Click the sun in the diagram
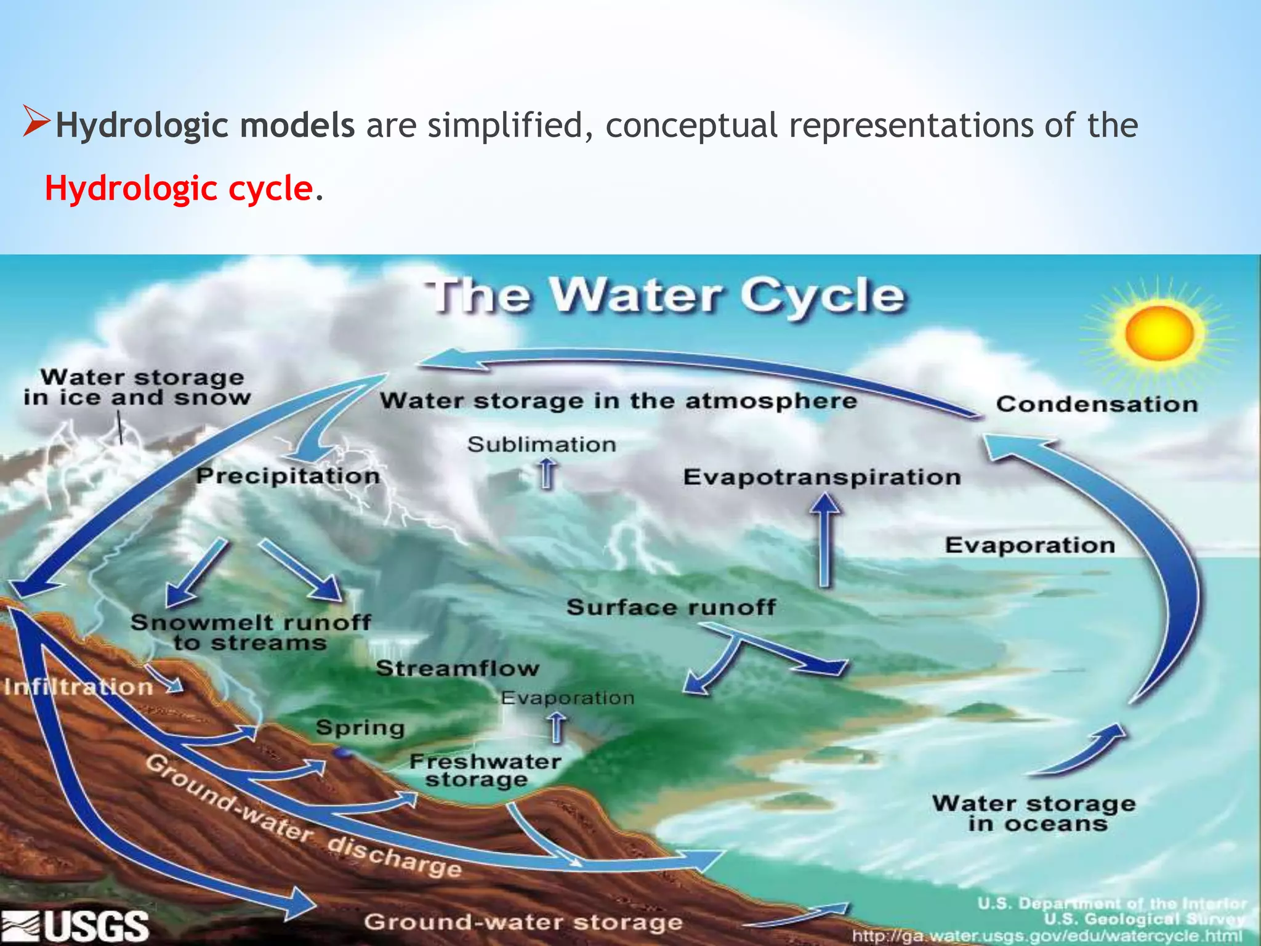coord(1159,333)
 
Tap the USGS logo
coord(75,926)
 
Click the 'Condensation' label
coord(1097,405)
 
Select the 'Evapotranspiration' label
coord(822,477)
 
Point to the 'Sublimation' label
coord(541,445)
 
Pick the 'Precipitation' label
coord(288,476)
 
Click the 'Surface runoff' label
coord(671,607)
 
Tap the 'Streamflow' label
coord(457,668)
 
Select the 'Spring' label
coord(360,728)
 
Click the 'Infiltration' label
coord(79,687)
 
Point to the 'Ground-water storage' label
coord(523,923)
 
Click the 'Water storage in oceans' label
coord(1034,814)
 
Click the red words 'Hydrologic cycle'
coord(179,188)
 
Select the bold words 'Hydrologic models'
coord(205,126)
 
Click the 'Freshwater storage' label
coord(485,770)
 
